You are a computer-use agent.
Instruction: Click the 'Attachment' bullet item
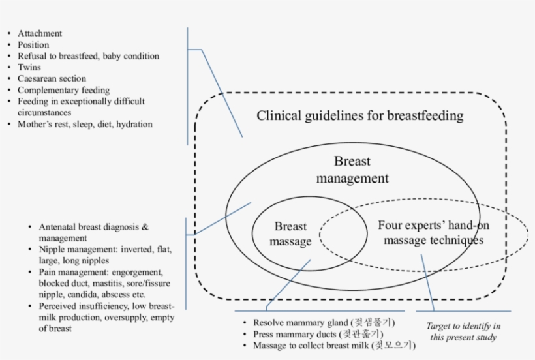pos(40,33)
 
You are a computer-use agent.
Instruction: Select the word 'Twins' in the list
pos(29,67)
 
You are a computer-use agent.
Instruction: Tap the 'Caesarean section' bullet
pos(52,79)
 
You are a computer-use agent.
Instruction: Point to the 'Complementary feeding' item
pos(63,90)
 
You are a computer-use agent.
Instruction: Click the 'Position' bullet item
pos(33,45)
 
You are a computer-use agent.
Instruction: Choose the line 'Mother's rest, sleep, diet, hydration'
pos(85,124)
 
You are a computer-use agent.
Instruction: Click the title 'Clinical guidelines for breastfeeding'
pos(359,116)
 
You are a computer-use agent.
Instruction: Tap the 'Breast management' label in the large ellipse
pos(352,170)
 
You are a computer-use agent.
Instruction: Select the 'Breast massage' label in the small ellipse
pos(291,234)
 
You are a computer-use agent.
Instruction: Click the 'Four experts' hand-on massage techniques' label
pos(434,233)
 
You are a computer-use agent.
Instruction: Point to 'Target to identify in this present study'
pos(463,331)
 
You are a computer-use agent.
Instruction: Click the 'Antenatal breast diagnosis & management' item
pos(93,233)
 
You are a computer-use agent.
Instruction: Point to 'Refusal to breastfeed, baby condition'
pos(88,56)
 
